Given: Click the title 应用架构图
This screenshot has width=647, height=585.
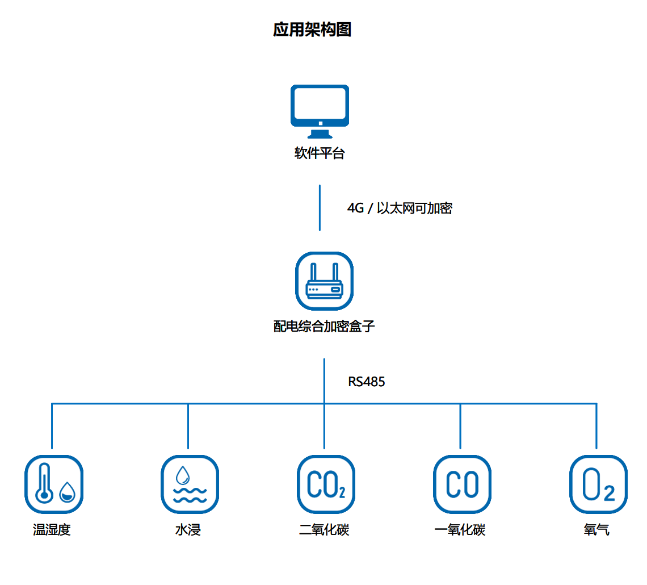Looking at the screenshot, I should [312, 30].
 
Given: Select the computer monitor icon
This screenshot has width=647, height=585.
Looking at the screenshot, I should [320, 111].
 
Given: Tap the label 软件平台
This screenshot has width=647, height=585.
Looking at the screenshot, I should [320, 153].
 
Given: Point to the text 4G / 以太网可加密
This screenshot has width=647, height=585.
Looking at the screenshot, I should [400, 208].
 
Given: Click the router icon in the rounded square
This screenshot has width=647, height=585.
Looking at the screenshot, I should [324, 281].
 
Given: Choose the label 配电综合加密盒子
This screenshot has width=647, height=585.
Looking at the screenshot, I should [324, 327].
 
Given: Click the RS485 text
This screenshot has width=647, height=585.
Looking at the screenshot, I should [367, 382].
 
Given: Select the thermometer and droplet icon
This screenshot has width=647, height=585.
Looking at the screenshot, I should [54, 484].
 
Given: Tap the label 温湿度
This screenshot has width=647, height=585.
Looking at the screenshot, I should [52, 530].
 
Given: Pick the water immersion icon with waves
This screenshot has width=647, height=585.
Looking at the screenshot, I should [190, 484].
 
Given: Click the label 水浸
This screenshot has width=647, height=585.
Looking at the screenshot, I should [188, 530].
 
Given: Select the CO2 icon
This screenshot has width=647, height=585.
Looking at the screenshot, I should [326, 484].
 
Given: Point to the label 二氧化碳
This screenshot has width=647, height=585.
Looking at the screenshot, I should [324, 530].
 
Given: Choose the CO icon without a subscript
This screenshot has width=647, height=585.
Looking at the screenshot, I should [462, 484].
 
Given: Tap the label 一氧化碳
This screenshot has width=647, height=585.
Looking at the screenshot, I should [460, 530].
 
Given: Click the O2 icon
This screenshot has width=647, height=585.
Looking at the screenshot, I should [598, 484].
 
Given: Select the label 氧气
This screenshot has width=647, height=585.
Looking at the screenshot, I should [596, 530].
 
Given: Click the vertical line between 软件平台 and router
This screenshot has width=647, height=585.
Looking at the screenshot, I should [320, 207].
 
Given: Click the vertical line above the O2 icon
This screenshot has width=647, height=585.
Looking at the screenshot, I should [596, 426].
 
